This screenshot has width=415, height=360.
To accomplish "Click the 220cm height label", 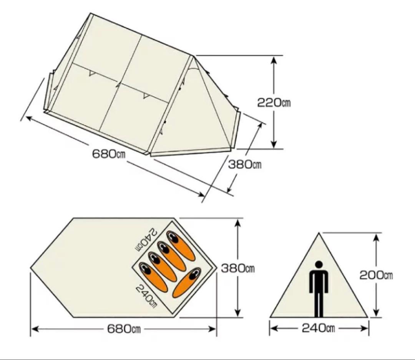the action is [274, 102].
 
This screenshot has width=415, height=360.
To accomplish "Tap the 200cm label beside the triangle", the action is [376, 275].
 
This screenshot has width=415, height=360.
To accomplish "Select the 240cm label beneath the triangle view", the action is [319, 328].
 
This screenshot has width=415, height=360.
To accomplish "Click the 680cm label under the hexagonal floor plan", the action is [124, 329].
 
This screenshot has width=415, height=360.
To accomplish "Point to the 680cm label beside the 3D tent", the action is [109, 154].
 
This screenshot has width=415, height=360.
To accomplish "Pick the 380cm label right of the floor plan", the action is [238, 268].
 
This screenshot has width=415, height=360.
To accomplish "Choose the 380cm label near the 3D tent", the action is [245, 165].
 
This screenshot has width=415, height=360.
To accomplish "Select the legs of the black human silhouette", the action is [319, 305].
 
